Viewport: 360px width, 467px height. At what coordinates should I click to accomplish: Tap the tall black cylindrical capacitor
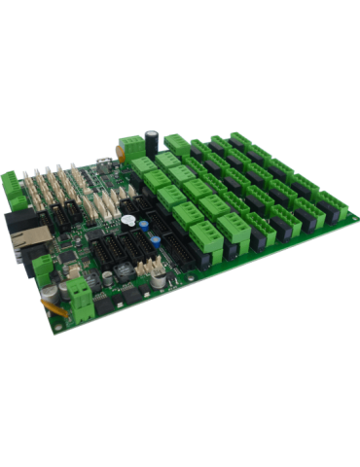coord(153,136)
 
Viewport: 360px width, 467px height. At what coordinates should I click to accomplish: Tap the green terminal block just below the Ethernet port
coord(41,266)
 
